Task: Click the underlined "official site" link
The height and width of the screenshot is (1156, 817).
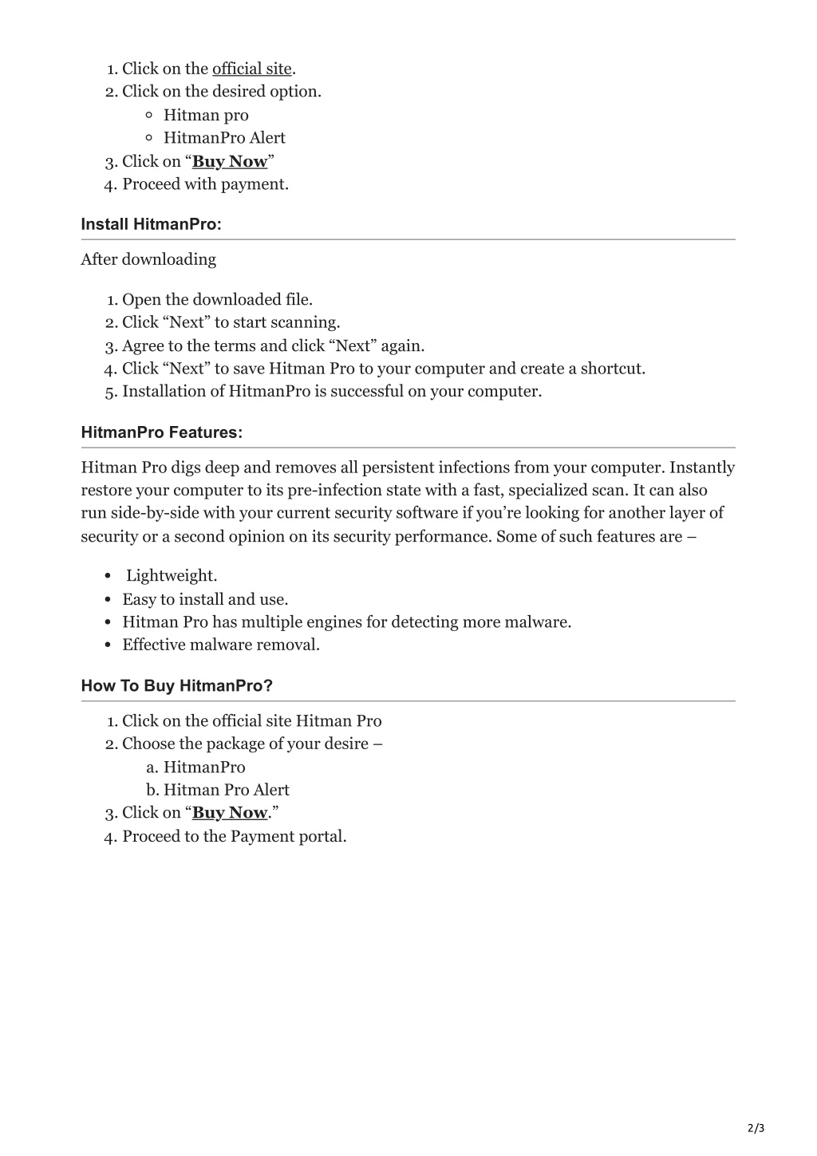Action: tap(251, 69)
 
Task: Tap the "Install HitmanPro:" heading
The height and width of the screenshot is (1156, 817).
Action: tap(151, 224)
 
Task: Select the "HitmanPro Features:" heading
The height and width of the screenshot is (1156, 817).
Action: tap(161, 432)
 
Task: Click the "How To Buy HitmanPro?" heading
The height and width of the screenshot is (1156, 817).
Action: tap(176, 686)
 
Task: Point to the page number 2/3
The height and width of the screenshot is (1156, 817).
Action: tap(756, 1128)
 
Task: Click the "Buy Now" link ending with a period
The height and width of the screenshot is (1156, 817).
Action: tap(230, 813)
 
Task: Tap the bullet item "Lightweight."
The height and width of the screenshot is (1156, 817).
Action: tap(172, 576)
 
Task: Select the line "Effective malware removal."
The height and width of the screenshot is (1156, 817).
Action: tap(221, 645)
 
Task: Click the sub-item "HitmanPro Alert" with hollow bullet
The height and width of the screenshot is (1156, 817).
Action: tap(224, 138)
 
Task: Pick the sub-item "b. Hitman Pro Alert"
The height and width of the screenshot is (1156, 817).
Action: tap(218, 790)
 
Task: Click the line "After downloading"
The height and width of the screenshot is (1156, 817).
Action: tap(148, 259)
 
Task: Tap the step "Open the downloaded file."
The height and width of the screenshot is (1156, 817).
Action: tap(217, 300)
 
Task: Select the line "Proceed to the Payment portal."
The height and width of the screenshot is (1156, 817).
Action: tap(235, 836)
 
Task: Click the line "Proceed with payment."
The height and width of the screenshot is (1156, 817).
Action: tap(205, 184)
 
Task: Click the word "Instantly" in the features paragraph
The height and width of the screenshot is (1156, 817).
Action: tap(702, 468)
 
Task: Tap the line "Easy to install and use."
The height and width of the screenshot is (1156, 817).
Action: tap(205, 599)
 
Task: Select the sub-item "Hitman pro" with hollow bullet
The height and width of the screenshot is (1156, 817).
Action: tap(206, 115)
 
